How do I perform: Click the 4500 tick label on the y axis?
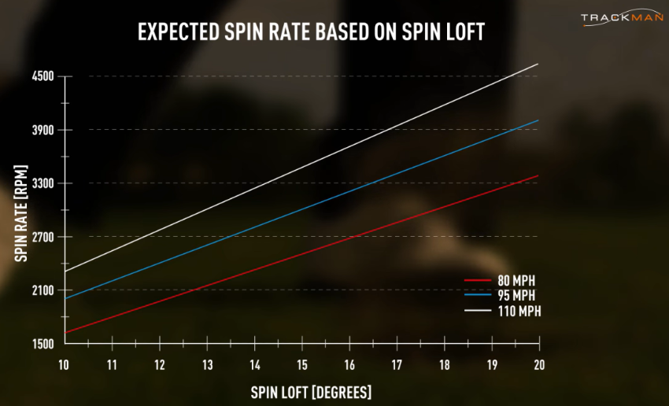[x=43, y=76]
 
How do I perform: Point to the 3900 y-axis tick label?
[x=43, y=130]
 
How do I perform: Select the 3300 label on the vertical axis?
[x=43, y=183]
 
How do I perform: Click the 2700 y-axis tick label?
[x=43, y=237]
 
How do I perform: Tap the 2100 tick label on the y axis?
[x=43, y=290]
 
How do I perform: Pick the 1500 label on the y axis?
[x=43, y=344]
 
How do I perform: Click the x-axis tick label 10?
[x=65, y=365]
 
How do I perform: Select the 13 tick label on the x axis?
[x=207, y=365]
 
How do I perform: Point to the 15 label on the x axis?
[x=302, y=365]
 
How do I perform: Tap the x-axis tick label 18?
[x=445, y=365]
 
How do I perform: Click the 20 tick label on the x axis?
[x=539, y=365]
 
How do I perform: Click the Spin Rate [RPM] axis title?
[x=21, y=212]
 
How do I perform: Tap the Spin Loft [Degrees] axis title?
[x=311, y=391]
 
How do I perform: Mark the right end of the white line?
[x=538, y=64]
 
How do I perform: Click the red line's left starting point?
[x=65, y=333]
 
